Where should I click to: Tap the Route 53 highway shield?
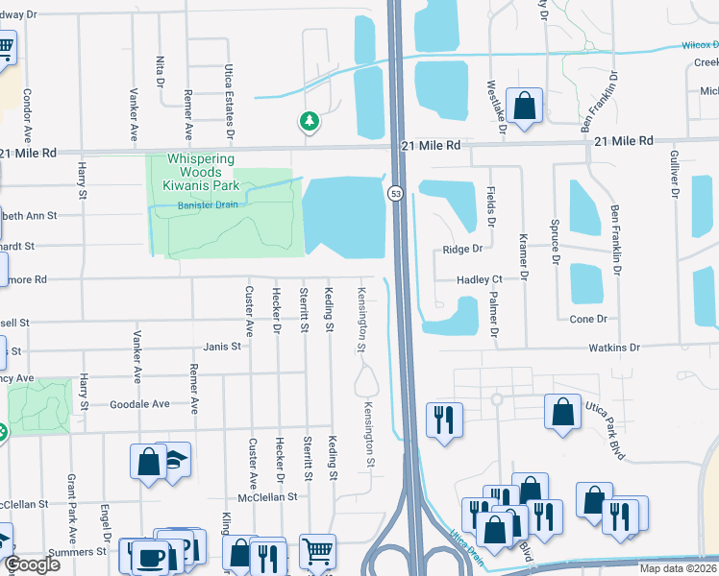click(x=395, y=193)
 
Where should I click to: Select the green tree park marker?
click(x=309, y=121)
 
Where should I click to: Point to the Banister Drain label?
click(x=209, y=204)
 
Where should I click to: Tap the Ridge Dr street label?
click(x=462, y=249)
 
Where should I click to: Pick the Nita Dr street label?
click(x=160, y=70)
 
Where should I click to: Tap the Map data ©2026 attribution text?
click(x=677, y=568)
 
